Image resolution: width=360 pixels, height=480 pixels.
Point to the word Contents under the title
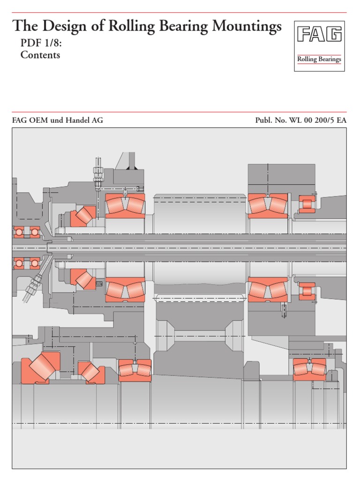(x=40, y=55)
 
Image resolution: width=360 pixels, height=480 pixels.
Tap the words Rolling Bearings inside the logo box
(x=319, y=59)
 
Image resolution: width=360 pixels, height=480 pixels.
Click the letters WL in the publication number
(x=296, y=120)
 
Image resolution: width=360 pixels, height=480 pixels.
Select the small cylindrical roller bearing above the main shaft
(x=307, y=204)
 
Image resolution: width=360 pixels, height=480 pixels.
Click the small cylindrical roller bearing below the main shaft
(x=307, y=291)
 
